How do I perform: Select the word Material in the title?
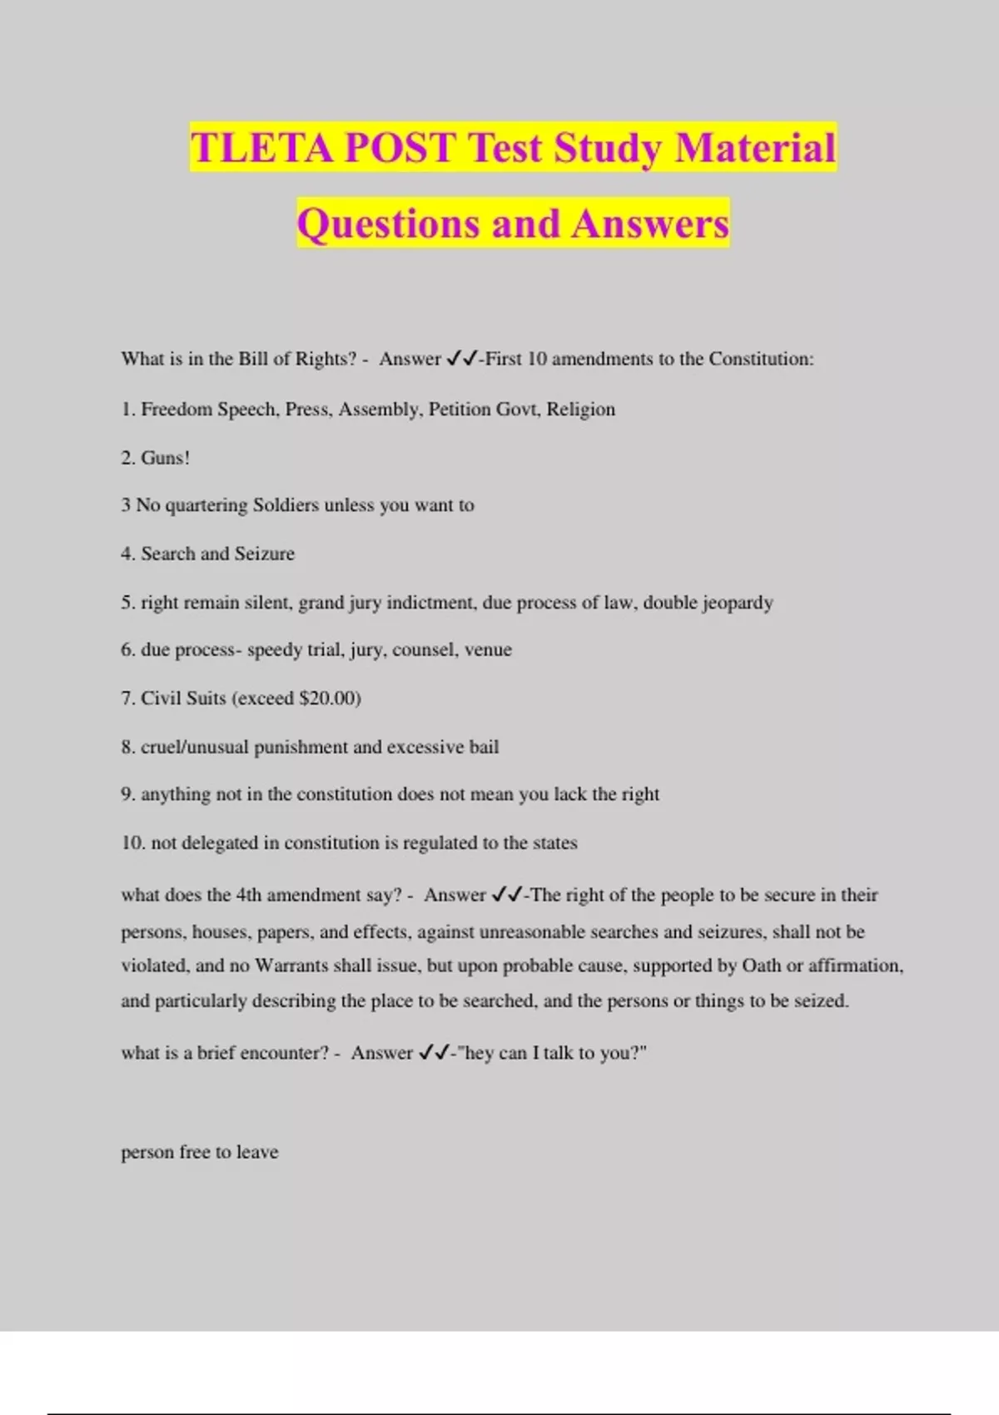point(755,148)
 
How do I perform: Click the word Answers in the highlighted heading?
point(650,224)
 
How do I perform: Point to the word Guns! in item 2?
point(166,458)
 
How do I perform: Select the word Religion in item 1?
point(580,410)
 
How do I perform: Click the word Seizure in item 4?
point(265,554)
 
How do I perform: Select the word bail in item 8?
point(484,747)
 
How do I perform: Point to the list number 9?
point(127,794)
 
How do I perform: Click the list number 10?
point(132,843)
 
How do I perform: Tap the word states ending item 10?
point(554,843)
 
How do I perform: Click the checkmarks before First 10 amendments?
point(461,359)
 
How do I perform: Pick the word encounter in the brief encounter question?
point(282,1053)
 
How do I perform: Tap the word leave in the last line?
point(257,1152)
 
